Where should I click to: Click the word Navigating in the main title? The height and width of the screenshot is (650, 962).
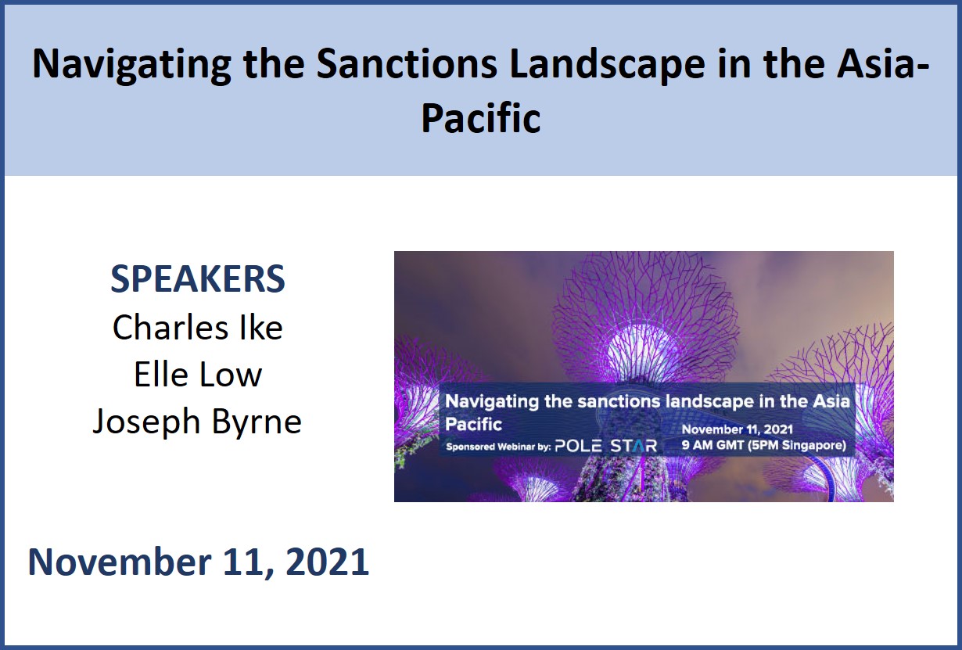(132, 65)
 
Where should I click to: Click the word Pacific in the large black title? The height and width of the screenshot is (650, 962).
(480, 117)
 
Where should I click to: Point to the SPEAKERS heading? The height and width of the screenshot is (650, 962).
(198, 278)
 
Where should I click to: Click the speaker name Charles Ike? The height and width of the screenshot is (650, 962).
(198, 327)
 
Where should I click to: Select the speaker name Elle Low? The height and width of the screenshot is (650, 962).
(198, 374)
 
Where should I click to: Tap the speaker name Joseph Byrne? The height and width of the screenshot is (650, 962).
(197, 422)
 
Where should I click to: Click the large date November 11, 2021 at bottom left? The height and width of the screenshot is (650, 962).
(199, 562)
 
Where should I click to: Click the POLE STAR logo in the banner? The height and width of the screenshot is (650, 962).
(606, 446)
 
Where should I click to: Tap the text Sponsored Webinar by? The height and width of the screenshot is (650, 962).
(498, 447)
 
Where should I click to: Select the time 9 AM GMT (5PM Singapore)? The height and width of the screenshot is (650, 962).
(764, 445)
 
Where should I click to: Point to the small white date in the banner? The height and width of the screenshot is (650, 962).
(738, 429)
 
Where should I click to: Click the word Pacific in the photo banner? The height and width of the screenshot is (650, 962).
(473, 424)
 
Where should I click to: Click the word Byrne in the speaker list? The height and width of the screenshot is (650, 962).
(257, 422)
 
